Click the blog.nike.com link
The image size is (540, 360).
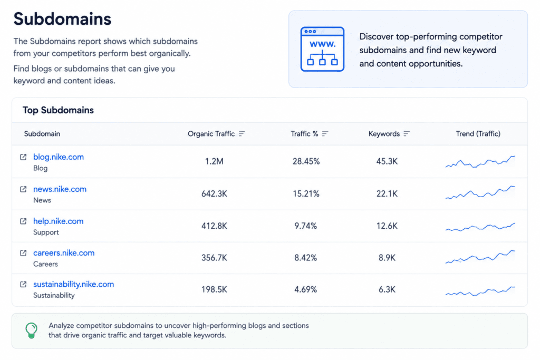(x=58, y=157)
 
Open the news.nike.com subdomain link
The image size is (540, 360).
(x=60, y=189)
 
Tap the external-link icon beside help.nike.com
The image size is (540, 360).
(x=23, y=221)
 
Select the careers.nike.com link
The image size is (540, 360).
(x=64, y=253)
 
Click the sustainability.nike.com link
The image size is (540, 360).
(x=73, y=284)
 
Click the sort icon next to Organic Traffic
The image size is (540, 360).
(x=242, y=133)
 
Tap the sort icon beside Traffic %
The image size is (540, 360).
(x=325, y=133)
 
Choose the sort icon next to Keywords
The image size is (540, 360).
(x=407, y=133)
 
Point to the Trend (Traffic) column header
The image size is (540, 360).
(x=478, y=133)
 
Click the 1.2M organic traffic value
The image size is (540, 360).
(x=214, y=161)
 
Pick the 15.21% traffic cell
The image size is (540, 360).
(x=306, y=194)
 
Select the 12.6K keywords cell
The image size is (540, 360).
(x=387, y=226)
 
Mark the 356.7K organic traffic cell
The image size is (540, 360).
(x=214, y=258)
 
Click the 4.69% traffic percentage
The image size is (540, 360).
(x=305, y=289)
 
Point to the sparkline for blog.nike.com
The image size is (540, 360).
(x=480, y=162)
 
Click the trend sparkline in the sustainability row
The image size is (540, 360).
(x=480, y=291)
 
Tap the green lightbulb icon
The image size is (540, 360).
(x=31, y=330)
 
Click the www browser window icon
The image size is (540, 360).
(x=322, y=49)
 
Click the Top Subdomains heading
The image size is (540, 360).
(x=58, y=110)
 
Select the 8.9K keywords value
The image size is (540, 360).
(x=387, y=258)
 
